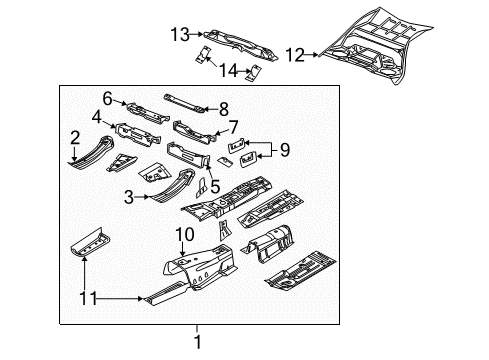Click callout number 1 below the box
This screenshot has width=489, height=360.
pyautogui.click(x=196, y=341)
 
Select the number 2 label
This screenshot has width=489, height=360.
pyautogui.click(x=75, y=137)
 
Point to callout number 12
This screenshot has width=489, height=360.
pyautogui.click(x=295, y=53)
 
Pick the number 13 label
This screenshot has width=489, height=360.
pyautogui.click(x=178, y=34)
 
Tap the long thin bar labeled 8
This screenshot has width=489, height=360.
pyautogui.click(x=185, y=101)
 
